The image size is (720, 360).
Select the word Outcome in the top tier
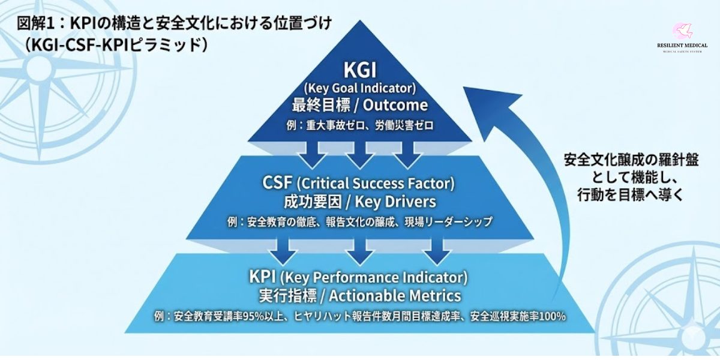click(x=394, y=106)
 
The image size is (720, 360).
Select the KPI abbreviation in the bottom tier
click(x=262, y=278)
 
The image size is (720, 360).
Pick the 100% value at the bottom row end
click(x=553, y=316)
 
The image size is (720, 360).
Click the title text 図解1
click(x=37, y=23)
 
